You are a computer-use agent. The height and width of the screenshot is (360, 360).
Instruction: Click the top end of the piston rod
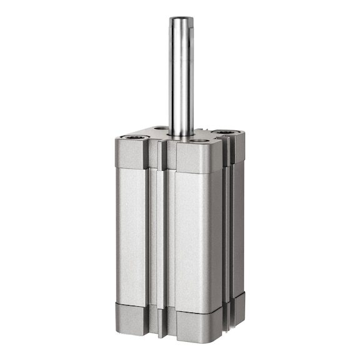pyautogui.click(x=181, y=19)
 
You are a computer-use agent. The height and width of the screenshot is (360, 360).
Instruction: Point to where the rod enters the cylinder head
pyautogui.click(x=181, y=134)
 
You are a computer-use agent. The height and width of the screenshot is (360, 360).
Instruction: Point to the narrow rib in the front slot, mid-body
pyautogui.click(x=162, y=237)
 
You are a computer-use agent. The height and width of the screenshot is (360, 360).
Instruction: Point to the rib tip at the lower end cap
pyautogui.click(x=162, y=328)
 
